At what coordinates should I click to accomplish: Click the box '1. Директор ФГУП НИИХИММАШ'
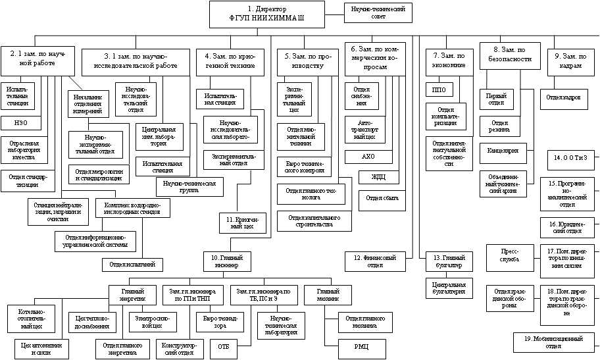click(x=268, y=14)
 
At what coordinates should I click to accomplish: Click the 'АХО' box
click(x=368, y=157)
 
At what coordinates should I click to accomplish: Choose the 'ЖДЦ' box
click(x=380, y=177)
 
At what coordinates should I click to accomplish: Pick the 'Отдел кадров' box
click(x=563, y=98)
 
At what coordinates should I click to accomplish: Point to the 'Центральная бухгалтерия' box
click(x=449, y=287)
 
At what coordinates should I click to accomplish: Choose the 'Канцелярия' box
click(x=503, y=150)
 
